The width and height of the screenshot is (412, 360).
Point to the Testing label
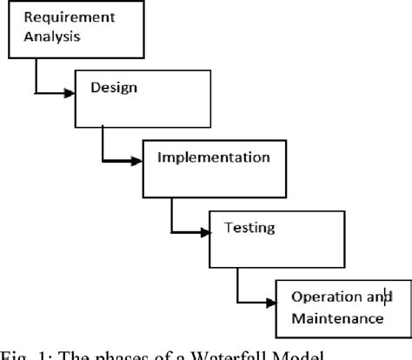[x=250, y=228]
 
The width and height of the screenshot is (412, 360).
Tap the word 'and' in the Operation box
[x=375, y=298]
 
